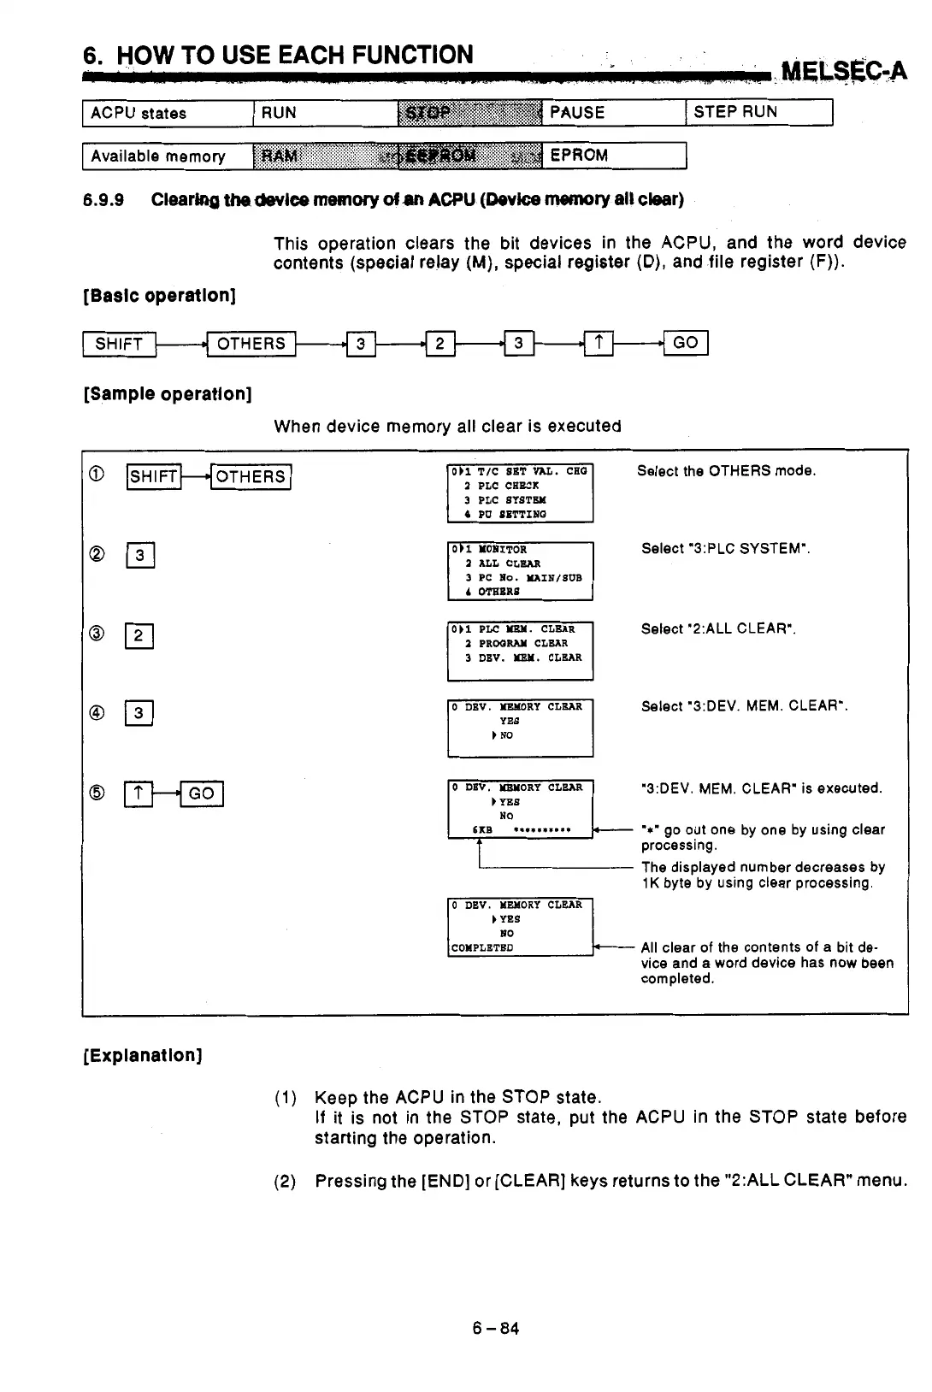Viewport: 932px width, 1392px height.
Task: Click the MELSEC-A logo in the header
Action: pyautogui.click(x=843, y=69)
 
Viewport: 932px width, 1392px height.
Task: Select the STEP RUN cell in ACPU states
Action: pyautogui.click(x=758, y=112)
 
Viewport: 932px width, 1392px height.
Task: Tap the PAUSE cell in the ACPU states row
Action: pyautogui.click(x=613, y=112)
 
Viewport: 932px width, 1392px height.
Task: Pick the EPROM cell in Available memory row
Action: pyautogui.click(x=613, y=155)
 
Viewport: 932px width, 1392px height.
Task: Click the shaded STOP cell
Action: pyautogui.click(x=469, y=112)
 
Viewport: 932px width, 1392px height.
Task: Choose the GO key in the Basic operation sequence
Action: pyautogui.click(x=686, y=343)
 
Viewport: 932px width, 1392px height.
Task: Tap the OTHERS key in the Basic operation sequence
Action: pyautogui.click(x=251, y=344)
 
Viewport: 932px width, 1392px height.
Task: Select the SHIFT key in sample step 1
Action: pyautogui.click(x=154, y=476)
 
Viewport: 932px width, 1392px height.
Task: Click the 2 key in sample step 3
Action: pyautogui.click(x=139, y=635)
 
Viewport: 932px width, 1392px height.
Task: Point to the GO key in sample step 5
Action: pyautogui.click(x=202, y=793)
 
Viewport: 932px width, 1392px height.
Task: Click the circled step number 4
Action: pyautogui.click(x=97, y=712)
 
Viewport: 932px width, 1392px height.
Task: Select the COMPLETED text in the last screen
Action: pyautogui.click(x=482, y=947)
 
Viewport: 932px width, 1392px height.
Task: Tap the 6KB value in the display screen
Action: pyautogui.click(x=482, y=829)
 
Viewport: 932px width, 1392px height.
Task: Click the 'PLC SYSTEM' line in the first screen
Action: pyautogui.click(x=511, y=500)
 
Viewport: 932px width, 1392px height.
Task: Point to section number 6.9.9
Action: pyautogui.click(x=103, y=200)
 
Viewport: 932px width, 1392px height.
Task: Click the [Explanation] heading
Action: pyautogui.click(x=142, y=1055)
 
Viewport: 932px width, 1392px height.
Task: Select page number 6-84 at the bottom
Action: pyautogui.click(x=496, y=1328)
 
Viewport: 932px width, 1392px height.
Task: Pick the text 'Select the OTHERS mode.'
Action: pyautogui.click(x=726, y=471)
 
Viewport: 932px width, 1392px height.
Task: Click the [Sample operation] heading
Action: pyautogui.click(x=168, y=394)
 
